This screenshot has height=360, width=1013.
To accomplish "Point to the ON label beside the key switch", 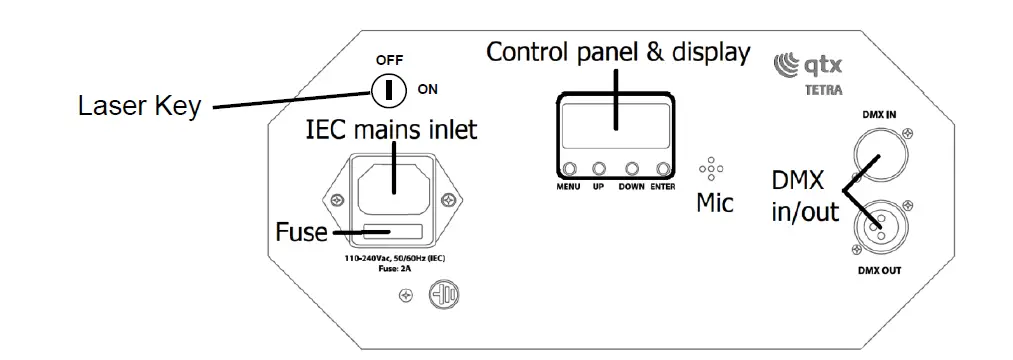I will pyautogui.click(x=428, y=90).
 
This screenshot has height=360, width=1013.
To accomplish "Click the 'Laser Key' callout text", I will pyautogui.click(x=139, y=106).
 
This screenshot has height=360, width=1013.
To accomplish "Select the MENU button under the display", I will pyautogui.click(x=569, y=169).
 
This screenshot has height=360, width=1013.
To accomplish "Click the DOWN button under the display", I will pyautogui.click(x=632, y=169).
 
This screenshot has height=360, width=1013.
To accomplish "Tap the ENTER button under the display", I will pyautogui.click(x=663, y=169).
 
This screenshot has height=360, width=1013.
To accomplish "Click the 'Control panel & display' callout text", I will pyautogui.click(x=617, y=52).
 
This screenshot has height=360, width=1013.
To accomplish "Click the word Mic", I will pyautogui.click(x=715, y=204).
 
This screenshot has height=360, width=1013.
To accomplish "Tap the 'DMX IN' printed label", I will pyautogui.click(x=879, y=115).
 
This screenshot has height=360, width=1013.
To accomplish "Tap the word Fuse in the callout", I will pyautogui.click(x=302, y=233).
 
